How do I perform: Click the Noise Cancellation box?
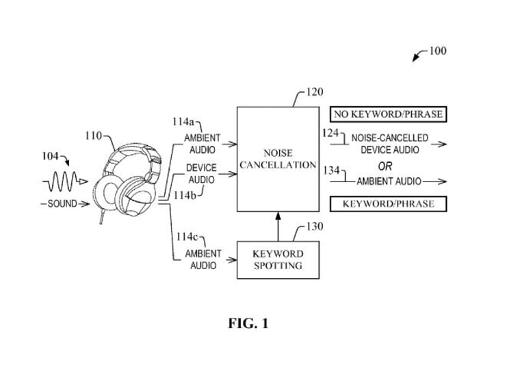coord(277,159)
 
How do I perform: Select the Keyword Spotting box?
coord(277,260)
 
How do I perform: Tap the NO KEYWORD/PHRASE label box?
coord(388,114)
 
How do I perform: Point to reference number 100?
coord(437,51)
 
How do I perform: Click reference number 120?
coord(315,92)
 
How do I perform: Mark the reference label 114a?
coord(183,122)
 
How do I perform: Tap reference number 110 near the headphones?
coord(94,136)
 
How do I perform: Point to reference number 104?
coord(50,156)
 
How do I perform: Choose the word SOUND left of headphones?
coord(62,203)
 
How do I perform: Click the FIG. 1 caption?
coord(248,323)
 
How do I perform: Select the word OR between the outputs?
coord(385,166)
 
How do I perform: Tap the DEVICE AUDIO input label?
coord(202,173)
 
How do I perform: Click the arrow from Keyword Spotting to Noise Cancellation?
coord(278,225)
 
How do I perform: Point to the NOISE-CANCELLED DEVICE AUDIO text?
coord(390,144)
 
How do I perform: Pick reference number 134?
coord(332,170)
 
